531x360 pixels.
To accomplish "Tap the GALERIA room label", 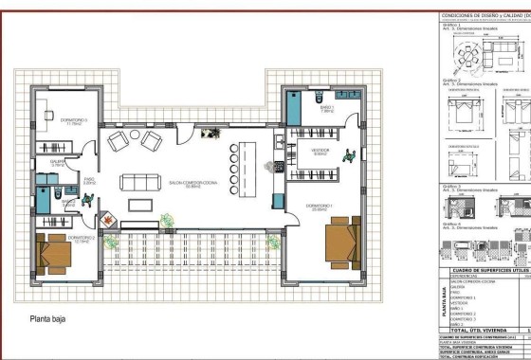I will click(x=56, y=163).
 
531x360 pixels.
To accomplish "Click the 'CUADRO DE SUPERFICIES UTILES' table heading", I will click(x=484, y=270).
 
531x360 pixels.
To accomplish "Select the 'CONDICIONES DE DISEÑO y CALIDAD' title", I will click(x=484, y=17).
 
